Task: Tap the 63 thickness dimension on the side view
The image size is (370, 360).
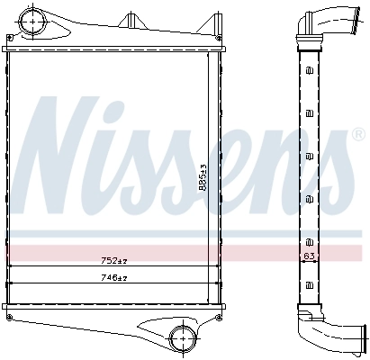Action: point(309,256)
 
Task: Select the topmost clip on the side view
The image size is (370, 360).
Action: point(309,71)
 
